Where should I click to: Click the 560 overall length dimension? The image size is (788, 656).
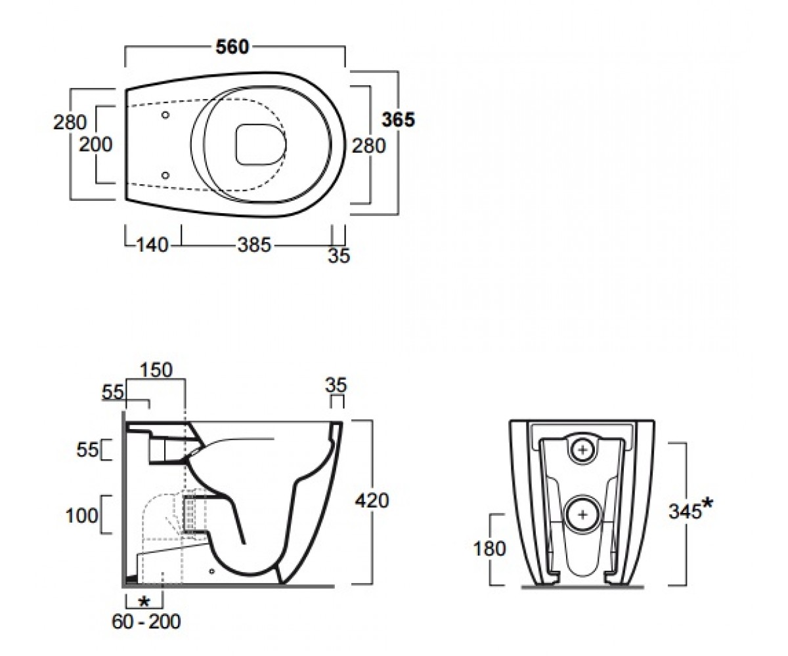(x=232, y=47)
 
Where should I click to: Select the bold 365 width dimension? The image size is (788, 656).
(x=398, y=120)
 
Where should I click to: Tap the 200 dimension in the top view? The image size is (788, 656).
(x=95, y=144)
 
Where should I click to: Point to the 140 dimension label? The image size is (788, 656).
(x=152, y=245)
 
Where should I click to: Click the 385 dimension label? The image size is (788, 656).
(x=254, y=245)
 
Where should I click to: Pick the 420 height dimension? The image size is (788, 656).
(x=372, y=501)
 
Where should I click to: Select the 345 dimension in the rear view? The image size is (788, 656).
(x=685, y=512)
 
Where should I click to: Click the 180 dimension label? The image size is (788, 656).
(x=489, y=548)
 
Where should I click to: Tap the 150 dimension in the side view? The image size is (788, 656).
(x=156, y=370)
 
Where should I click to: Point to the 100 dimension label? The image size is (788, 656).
(x=82, y=516)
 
